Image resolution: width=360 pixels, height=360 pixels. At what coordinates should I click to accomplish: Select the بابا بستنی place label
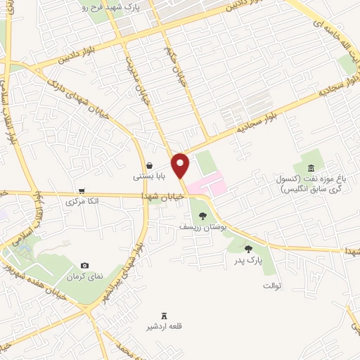pos(149,178)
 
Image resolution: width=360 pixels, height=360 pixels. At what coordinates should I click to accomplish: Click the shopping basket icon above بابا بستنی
pos(149,166)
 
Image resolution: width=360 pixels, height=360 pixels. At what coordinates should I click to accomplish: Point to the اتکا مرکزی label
pos(81,202)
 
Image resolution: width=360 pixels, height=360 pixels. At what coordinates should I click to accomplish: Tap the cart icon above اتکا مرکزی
pos(82,191)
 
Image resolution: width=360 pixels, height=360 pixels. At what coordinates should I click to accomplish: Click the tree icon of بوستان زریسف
pos(202,216)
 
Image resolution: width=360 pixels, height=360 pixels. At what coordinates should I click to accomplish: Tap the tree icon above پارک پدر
pos(247,248)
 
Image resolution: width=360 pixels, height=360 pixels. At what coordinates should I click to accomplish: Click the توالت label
pos(271,285)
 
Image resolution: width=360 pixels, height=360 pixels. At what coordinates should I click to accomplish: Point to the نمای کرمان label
pos(85,276)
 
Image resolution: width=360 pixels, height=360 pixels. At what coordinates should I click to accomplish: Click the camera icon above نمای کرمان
pos(85,265)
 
